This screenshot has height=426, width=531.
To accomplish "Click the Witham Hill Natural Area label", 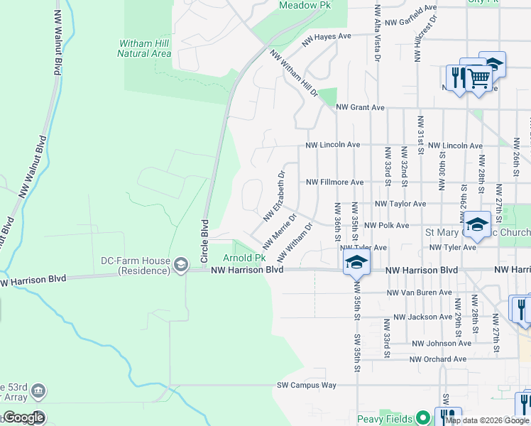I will (x=144, y=48).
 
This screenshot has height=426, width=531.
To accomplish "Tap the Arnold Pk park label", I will (x=245, y=258).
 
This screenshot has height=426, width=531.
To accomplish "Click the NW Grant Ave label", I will (x=360, y=107).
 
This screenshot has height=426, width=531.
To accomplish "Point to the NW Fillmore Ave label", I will (x=334, y=182).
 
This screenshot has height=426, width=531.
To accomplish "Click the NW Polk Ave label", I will (x=386, y=225).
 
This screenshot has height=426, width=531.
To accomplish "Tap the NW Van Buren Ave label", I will (x=420, y=293).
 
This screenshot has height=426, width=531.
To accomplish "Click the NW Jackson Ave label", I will (x=422, y=317).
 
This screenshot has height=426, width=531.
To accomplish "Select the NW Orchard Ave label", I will (x=437, y=359).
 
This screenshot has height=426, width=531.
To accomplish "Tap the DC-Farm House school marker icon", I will (x=181, y=266).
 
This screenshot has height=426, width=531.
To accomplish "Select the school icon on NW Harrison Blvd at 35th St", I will (x=356, y=264).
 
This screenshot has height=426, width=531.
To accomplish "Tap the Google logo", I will (x=24, y=417).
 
